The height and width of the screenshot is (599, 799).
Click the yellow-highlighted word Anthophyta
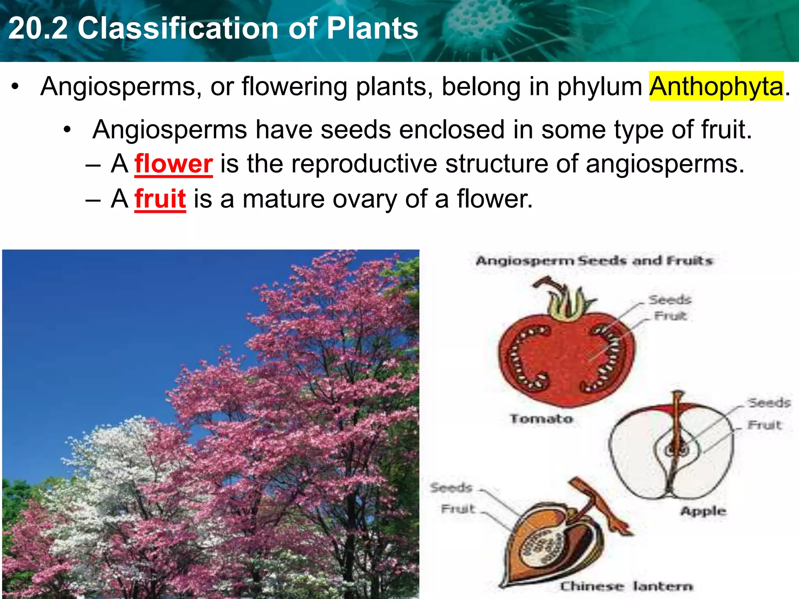point(716,86)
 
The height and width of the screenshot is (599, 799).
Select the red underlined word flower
point(174,164)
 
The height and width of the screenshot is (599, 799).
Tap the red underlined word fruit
point(160,199)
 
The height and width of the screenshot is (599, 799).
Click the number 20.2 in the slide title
point(38,28)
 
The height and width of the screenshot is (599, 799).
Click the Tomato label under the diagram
point(542,419)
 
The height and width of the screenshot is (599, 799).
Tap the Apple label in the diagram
point(703,511)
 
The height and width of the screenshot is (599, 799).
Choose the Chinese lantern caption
point(626,586)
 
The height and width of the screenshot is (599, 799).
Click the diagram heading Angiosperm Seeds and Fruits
point(594,261)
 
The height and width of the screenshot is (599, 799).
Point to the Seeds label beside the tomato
point(670,300)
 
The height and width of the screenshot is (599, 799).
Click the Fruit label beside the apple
point(765,425)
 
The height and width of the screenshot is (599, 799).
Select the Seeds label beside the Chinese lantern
point(451,487)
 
